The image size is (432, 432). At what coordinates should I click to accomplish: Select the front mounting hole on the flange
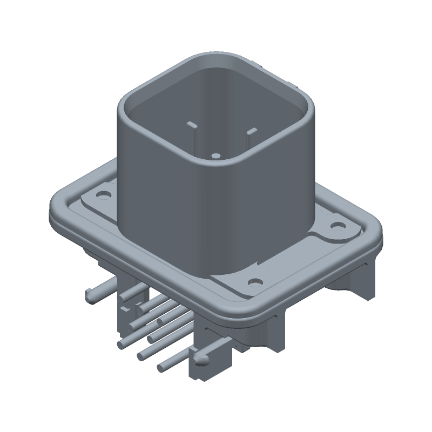[254, 281]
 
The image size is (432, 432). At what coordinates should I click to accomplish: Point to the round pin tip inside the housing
[215, 156]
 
